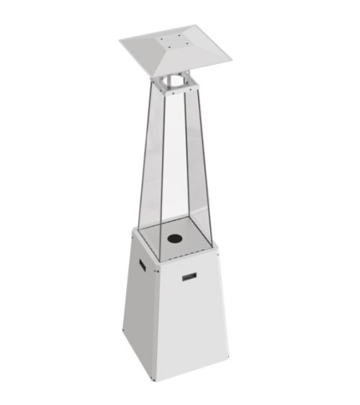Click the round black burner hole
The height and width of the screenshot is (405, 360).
coord(174,238)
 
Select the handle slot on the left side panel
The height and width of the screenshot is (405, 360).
coord(140,266)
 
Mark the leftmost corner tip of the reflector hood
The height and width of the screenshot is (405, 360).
coord(120,41)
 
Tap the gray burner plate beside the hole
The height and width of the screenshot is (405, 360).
coord(194,241)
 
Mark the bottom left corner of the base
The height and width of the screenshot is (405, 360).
coord(123,332)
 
